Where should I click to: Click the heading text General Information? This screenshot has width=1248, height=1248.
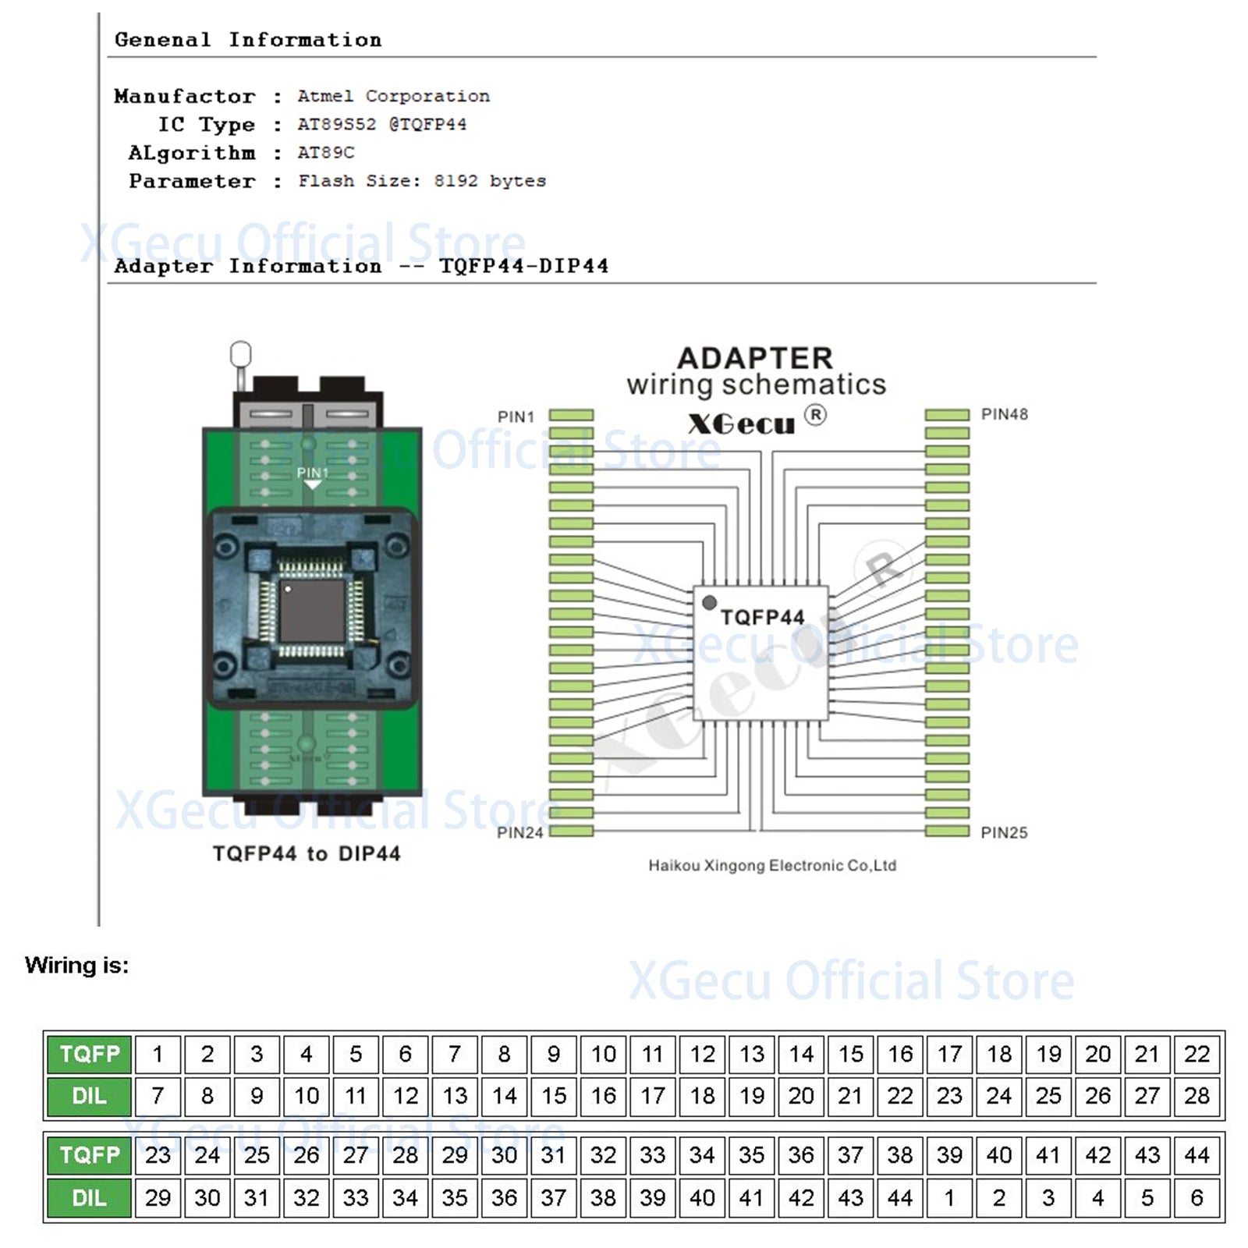pyautogui.click(x=248, y=40)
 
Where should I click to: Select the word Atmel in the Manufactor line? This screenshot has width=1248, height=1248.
pyautogui.click(x=325, y=96)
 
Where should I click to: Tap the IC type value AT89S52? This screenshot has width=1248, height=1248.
pyautogui.click(x=337, y=124)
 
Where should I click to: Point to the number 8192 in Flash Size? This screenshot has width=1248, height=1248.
pyautogui.click(x=456, y=181)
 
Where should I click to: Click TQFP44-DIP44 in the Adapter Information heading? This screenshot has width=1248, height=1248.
pyautogui.click(x=524, y=266)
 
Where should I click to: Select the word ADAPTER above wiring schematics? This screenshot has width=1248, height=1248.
pyautogui.click(x=755, y=358)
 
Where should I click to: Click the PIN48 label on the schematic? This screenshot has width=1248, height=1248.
pyautogui.click(x=1004, y=414)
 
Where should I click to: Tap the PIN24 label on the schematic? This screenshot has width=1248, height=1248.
pyautogui.click(x=519, y=833)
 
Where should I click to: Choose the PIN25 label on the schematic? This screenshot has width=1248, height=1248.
pyautogui.click(x=1004, y=833)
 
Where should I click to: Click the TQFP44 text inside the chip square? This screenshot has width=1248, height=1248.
pyautogui.click(x=762, y=618)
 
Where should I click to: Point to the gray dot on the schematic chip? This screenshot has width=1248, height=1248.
pyautogui.click(x=709, y=603)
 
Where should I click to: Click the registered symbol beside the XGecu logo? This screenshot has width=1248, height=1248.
pyautogui.click(x=815, y=415)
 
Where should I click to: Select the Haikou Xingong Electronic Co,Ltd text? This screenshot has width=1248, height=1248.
pyautogui.click(x=772, y=866)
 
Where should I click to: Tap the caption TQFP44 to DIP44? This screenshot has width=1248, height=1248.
pyautogui.click(x=307, y=854)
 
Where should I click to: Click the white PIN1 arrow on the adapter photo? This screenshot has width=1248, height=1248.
pyautogui.click(x=313, y=485)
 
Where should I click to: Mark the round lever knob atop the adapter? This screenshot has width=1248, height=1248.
pyautogui.click(x=241, y=354)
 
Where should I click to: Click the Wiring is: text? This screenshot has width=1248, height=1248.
pyautogui.click(x=76, y=966)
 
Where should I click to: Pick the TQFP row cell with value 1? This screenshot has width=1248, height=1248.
pyautogui.click(x=158, y=1055)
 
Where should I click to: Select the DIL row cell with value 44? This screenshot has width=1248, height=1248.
pyautogui.click(x=900, y=1198)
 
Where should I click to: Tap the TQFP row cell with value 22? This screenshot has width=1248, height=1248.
pyautogui.click(x=1197, y=1055)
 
